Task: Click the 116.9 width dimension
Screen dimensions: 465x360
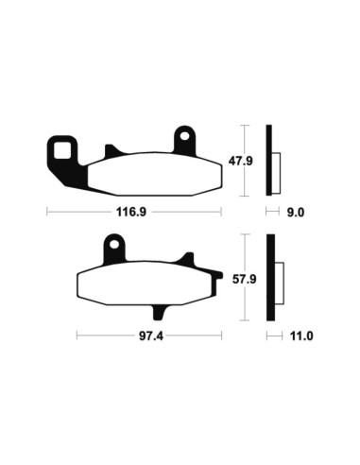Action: [130, 212]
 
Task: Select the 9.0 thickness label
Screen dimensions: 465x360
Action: [294, 212]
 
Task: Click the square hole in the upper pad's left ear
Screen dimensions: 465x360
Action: [62, 146]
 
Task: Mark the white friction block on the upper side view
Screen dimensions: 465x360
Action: [280, 167]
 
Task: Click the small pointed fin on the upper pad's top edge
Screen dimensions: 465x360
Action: [111, 149]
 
